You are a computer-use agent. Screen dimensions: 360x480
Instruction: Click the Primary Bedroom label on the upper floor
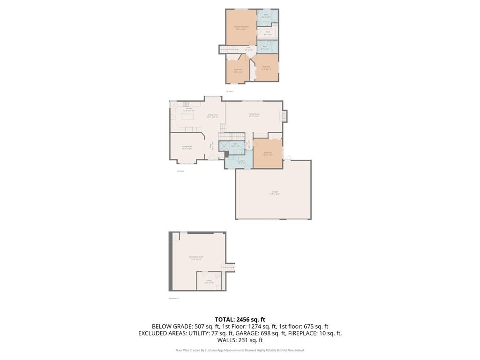(x=241, y=27)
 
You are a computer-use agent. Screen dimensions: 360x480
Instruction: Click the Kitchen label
(x=188, y=109)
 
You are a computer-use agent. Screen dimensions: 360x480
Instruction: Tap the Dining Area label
(x=212, y=115)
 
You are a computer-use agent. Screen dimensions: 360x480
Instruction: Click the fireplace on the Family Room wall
(x=283, y=115)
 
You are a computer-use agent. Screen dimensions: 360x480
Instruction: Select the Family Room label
(x=254, y=115)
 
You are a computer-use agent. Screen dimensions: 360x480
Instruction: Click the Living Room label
(x=187, y=147)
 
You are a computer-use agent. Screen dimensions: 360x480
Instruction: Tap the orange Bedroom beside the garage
(x=268, y=153)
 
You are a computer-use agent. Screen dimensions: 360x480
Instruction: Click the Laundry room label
(x=240, y=162)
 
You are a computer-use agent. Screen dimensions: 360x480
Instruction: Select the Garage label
(x=274, y=192)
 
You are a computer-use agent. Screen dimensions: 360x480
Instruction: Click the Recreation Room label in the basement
(x=196, y=257)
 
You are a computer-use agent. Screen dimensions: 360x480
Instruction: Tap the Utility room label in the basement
(x=209, y=282)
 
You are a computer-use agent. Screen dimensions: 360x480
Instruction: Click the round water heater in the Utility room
(x=217, y=276)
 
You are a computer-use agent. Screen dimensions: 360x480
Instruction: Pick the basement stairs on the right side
(x=228, y=267)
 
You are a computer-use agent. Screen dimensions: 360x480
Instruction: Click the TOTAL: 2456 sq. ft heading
(x=240, y=320)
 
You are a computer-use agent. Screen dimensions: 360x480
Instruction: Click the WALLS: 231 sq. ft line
(x=240, y=340)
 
